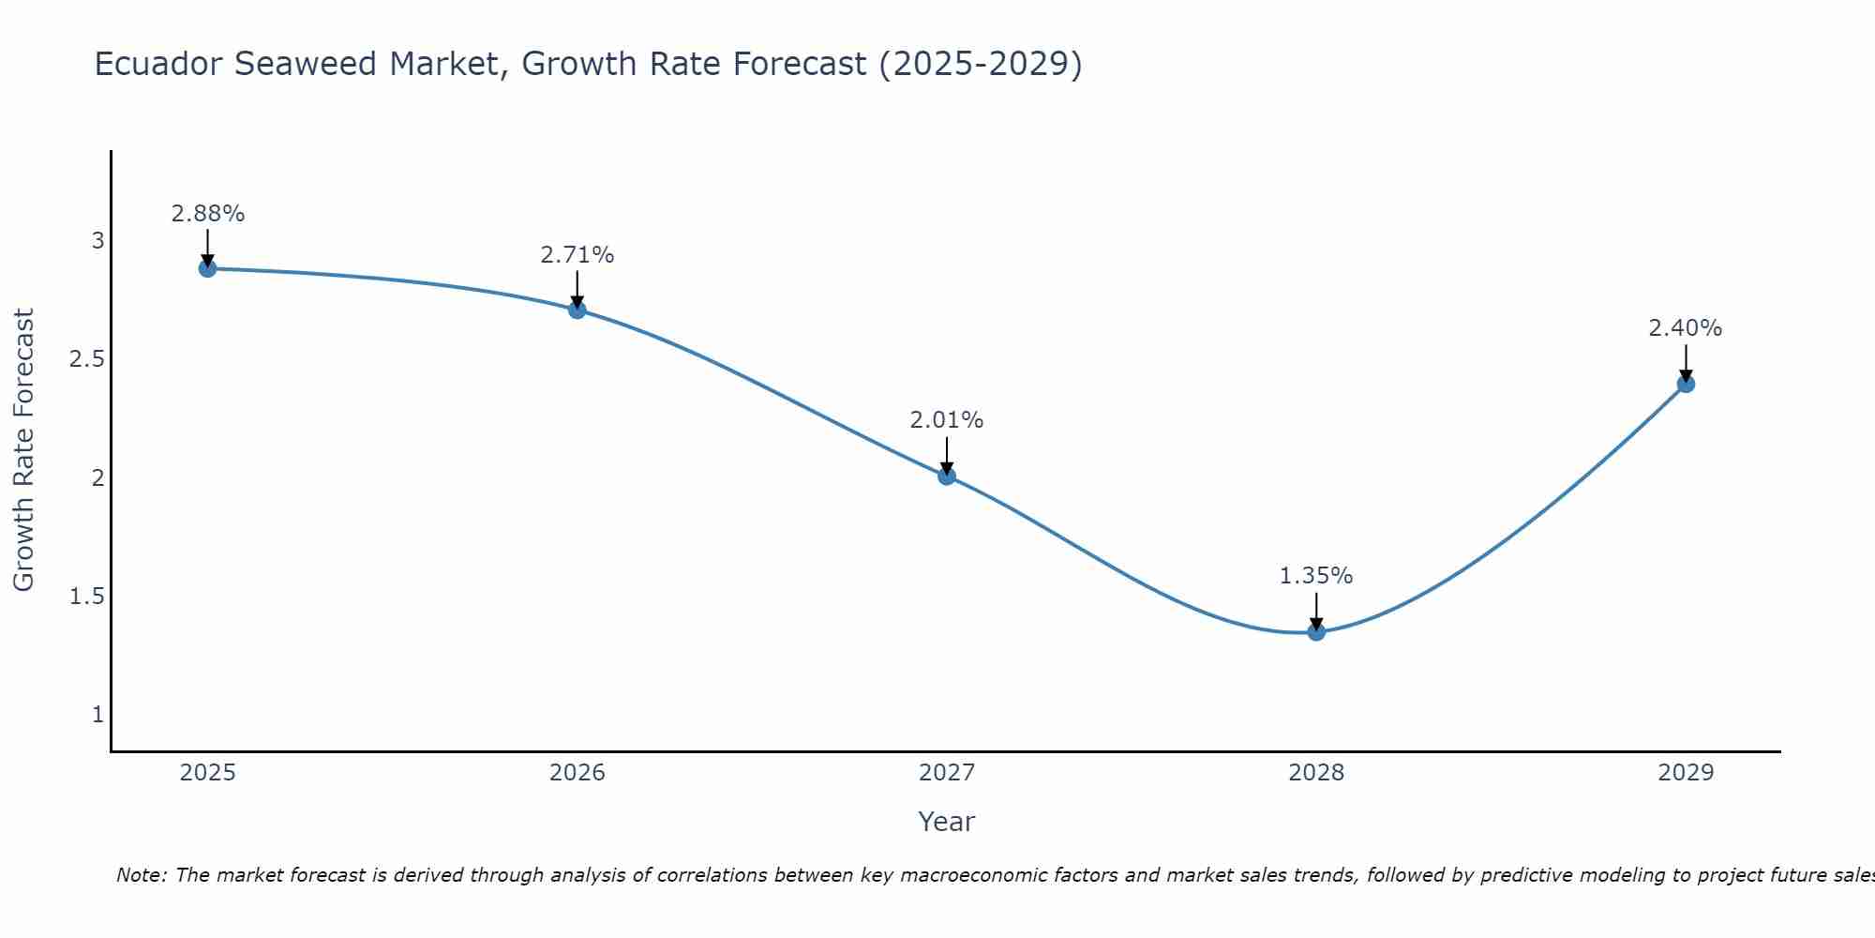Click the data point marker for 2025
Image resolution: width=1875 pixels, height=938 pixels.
[x=208, y=268]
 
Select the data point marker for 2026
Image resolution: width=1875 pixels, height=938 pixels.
[x=577, y=310]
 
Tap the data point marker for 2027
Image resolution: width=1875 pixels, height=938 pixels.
[x=947, y=476]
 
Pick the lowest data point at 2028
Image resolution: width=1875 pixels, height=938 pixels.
[x=1316, y=632]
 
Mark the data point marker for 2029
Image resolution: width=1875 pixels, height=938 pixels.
[x=1686, y=384]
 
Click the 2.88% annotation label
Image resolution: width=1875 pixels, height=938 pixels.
[x=208, y=214]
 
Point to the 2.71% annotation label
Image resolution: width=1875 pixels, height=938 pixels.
[x=577, y=255]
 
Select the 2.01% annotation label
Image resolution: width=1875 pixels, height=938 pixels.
[x=947, y=420]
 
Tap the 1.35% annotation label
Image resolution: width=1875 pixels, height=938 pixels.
[x=1316, y=576]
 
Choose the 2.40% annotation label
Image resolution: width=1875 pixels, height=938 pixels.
[x=1686, y=328]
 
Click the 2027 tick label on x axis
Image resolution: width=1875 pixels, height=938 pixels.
[x=947, y=773]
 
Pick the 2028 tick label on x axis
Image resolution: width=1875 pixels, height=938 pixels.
[x=1316, y=773]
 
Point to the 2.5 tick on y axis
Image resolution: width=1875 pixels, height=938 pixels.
[x=86, y=360]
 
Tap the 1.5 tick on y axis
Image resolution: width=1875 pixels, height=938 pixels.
[x=86, y=597]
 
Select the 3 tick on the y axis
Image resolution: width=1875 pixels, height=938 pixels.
[x=97, y=241]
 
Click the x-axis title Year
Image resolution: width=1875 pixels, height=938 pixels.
[x=947, y=822]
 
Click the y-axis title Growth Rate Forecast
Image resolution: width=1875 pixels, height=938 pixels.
[x=23, y=450]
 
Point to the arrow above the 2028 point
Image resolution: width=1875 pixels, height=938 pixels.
[x=1316, y=612]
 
